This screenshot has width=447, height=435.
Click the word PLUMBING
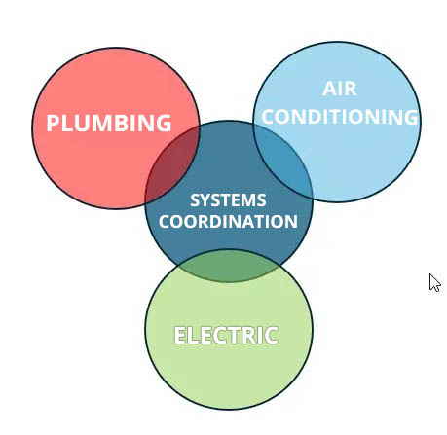tap(109, 123)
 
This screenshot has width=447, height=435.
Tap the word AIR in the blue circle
tap(340, 89)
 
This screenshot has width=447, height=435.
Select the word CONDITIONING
tap(340, 117)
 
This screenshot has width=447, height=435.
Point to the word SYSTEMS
tap(228, 200)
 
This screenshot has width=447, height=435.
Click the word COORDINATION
tap(228, 222)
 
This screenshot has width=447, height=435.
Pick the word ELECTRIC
tap(226, 335)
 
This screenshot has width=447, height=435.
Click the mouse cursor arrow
tap(434, 283)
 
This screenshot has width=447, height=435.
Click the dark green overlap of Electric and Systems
tap(229, 266)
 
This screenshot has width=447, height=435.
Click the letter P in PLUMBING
tap(54, 123)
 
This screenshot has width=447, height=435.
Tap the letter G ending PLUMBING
tap(164, 123)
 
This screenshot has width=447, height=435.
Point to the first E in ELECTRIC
tap(180, 335)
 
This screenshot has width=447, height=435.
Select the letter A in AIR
tap(329, 89)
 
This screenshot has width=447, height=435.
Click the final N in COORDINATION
tap(291, 222)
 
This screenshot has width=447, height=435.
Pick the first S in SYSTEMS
tap(196, 200)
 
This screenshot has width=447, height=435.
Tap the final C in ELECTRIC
tap(272, 335)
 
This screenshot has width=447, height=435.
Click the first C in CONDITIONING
tap(269, 117)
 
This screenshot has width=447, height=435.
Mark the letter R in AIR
tap(351, 89)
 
